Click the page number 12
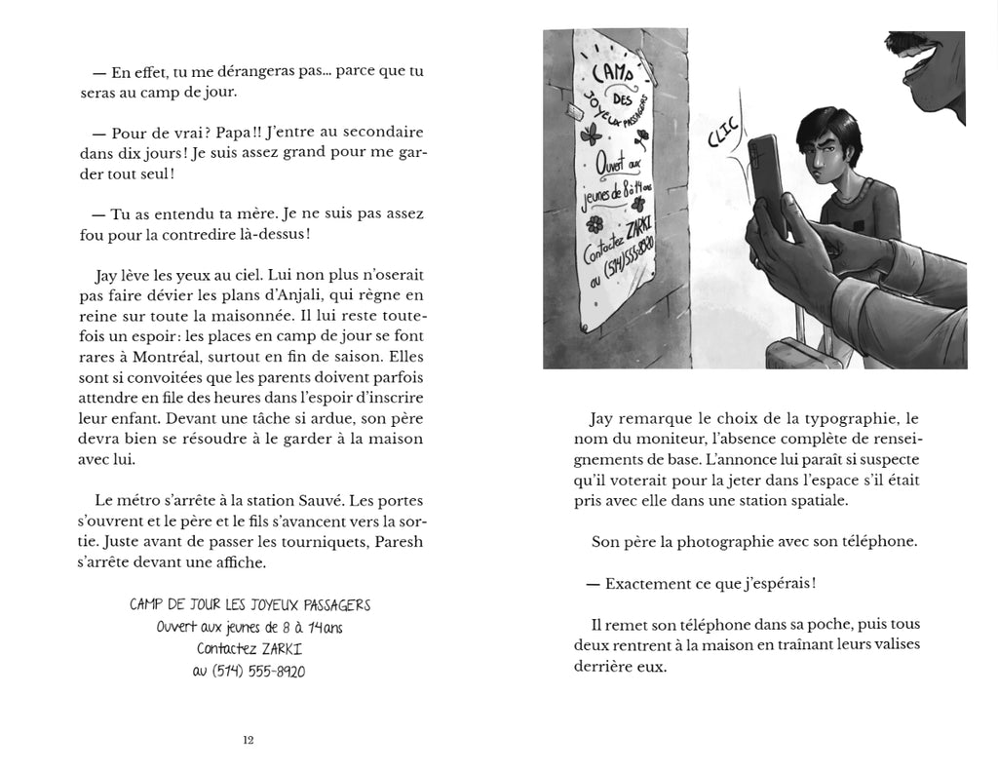pos(249,740)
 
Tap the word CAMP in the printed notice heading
pos(147,605)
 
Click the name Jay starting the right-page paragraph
pos(603,418)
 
